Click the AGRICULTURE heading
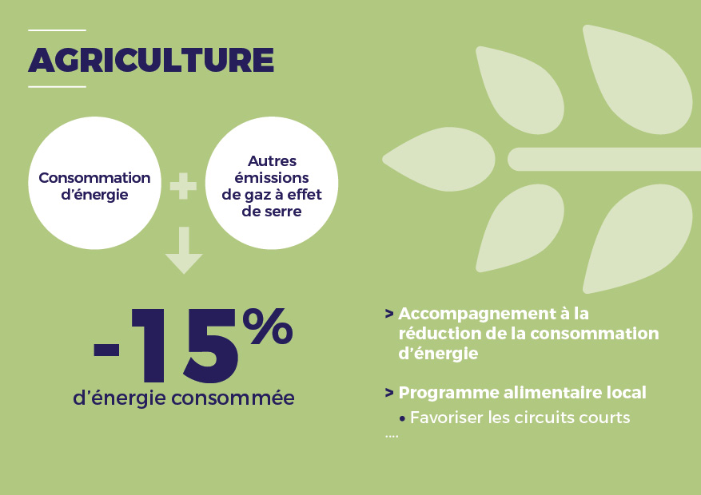(151, 60)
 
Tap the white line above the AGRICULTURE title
(57, 30)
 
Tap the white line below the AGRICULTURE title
(57, 86)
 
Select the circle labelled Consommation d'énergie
(94, 183)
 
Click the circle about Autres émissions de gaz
(272, 183)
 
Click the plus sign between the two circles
(183, 186)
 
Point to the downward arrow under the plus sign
(184, 250)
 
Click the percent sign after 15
(268, 327)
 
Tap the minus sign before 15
(106, 350)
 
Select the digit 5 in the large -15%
(211, 346)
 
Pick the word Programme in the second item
(449, 394)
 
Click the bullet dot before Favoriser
(402, 419)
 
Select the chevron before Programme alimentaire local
(389, 393)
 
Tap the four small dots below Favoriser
(392, 436)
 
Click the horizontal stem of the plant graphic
(604, 160)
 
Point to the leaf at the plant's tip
(439, 159)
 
